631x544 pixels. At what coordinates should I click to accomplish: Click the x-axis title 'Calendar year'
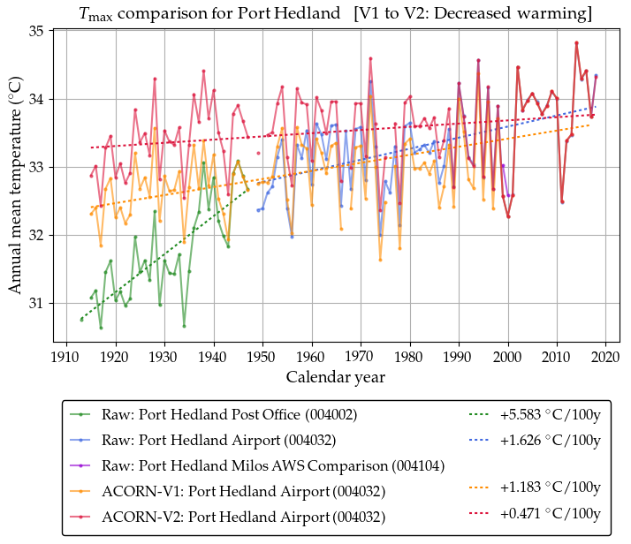335,377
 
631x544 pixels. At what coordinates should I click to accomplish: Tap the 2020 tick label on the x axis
606,357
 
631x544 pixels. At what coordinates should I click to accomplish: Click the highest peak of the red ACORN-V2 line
576,42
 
